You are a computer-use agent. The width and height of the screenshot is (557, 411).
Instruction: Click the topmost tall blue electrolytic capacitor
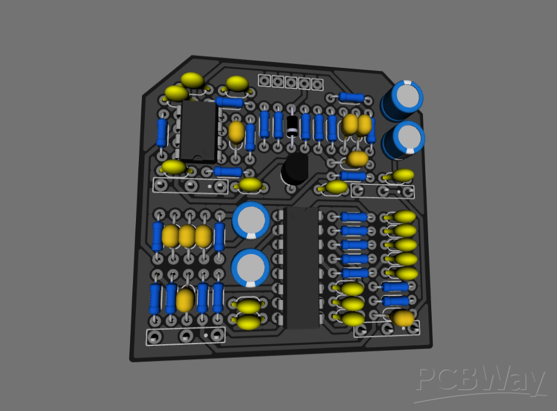click(x=403, y=99)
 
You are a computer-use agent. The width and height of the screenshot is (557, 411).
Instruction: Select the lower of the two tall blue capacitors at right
click(x=404, y=140)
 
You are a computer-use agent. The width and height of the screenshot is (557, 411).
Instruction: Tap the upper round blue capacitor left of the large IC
click(x=251, y=220)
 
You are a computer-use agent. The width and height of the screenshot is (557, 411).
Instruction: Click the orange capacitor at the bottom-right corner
click(x=404, y=319)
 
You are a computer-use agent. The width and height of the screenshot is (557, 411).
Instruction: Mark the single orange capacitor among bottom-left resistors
click(x=185, y=300)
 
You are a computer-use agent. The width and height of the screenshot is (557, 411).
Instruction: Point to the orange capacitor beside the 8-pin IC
click(x=237, y=132)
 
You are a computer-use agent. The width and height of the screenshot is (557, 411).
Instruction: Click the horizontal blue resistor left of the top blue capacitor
click(x=351, y=98)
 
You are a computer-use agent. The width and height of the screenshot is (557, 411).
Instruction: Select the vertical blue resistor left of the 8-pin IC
click(x=162, y=132)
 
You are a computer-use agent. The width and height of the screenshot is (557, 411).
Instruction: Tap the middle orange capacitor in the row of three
click(x=187, y=236)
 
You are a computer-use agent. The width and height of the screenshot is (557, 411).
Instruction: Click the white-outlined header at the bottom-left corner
click(x=185, y=336)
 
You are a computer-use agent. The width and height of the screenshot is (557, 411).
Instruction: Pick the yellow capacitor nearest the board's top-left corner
click(x=191, y=80)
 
